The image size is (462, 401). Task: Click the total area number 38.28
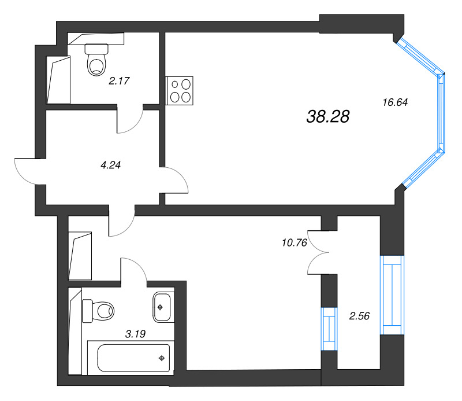coord(328,117)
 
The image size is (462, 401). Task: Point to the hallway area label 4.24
coord(110,164)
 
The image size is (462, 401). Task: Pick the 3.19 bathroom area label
coord(135,333)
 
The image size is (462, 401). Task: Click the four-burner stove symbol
coord(180,90)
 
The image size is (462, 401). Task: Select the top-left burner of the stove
coord(174,85)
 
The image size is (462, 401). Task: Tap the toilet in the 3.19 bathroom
coord(99,311)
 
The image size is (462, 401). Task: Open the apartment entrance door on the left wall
coord(26,171)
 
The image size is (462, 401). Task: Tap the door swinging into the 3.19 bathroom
coord(135,271)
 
